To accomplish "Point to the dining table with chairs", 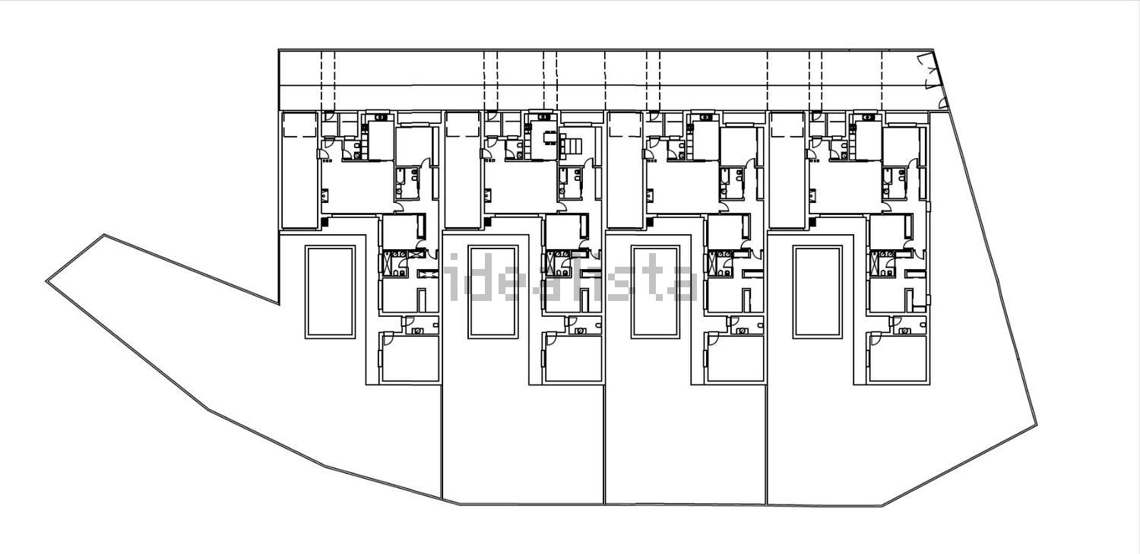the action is (549, 138).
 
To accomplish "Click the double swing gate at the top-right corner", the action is (929, 71).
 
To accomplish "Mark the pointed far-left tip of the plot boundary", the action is (47, 281).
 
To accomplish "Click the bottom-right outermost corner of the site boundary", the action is (1037, 426).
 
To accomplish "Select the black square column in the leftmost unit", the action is (325, 222).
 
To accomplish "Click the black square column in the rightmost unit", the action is (812, 222).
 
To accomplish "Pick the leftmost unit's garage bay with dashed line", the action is (299, 170).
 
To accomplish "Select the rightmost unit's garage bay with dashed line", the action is (787, 170).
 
